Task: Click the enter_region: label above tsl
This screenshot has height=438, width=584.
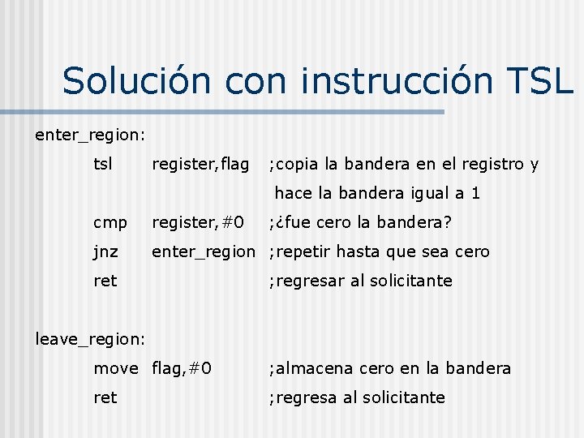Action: coord(90,135)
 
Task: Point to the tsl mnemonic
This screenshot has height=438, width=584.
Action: coord(103,164)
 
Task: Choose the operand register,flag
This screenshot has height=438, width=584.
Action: coord(200,165)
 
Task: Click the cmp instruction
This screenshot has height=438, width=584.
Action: coord(109,223)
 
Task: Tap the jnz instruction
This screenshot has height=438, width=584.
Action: coord(105,252)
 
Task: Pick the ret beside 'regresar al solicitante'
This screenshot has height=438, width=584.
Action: coord(105,281)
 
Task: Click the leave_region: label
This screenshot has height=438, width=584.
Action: coord(90,338)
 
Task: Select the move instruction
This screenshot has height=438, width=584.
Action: coord(116,368)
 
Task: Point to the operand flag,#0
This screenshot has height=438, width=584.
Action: coord(182,368)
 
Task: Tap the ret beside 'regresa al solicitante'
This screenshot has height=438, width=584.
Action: coord(105,397)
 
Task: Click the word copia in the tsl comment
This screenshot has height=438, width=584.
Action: coord(298,165)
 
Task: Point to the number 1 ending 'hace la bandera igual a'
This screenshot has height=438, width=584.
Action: coord(475,194)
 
